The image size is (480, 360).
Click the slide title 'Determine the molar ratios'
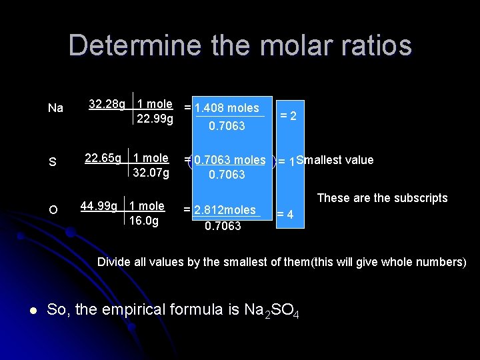(x=240, y=45)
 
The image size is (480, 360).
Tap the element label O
(x=53, y=211)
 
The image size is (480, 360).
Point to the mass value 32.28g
(x=107, y=104)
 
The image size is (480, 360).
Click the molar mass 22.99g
(x=155, y=119)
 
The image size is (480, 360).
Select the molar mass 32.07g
(x=151, y=173)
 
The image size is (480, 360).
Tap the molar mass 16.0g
(x=144, y=221)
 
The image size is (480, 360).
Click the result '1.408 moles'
(x=226, y=107)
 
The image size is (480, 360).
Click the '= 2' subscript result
(x=288, y=116)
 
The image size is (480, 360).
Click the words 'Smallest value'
(x=335, y=160)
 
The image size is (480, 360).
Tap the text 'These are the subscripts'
(x=382, y=198)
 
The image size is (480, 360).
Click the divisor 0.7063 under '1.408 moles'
(x=227, y=125)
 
